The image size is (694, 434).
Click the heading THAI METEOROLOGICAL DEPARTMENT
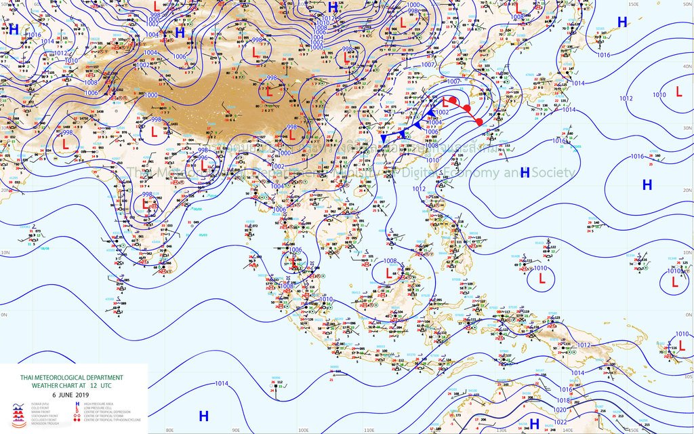pyautogui.click(x=71, y=377)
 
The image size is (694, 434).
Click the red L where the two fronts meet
pyautogui.click(x=446, y=101)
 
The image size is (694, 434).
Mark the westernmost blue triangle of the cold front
pyautogui.click(x=384, y=138)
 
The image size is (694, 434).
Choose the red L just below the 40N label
pyautogui.click(x=678, y=92)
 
